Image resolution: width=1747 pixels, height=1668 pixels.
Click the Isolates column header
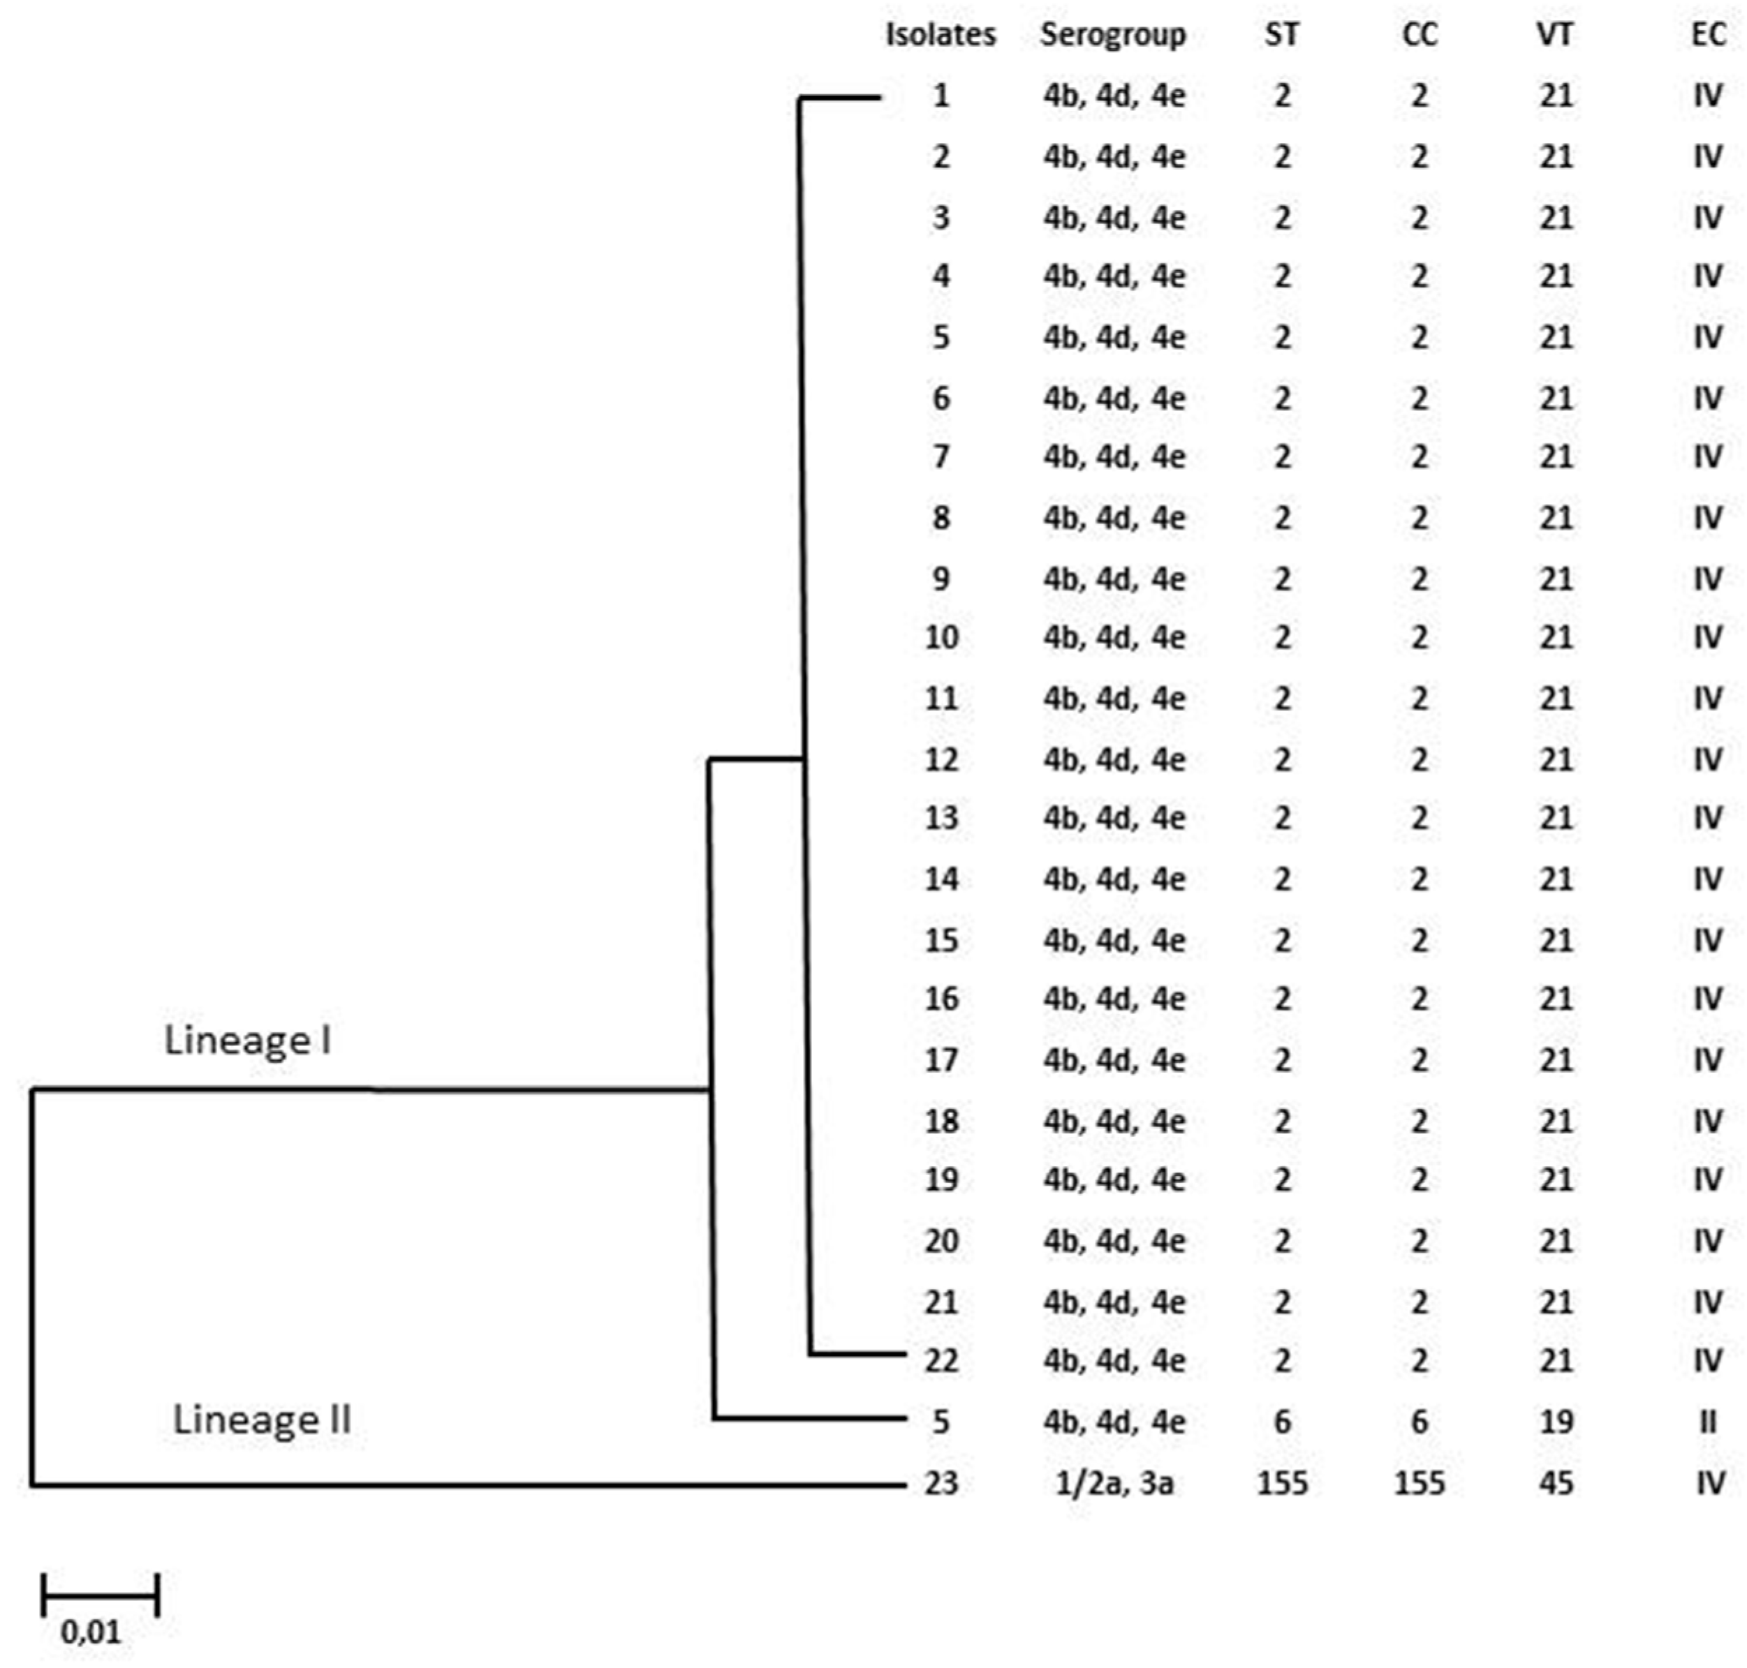click(x=941, y=35)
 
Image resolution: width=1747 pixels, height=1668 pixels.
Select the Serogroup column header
click(x=1113, y=35)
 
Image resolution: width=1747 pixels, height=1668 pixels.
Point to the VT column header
click(x=1555, y=35)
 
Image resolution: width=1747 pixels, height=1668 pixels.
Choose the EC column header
click(x=1708, y=35)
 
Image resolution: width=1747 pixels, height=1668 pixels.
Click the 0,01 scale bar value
click(x=91, y=1632)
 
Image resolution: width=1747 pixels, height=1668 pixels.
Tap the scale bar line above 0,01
click(x=100, y=1594)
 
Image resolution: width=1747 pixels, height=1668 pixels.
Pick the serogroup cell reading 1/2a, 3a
click(x=1114, y=1483)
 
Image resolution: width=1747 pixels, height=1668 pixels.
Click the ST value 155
click(x=1282, y=1483)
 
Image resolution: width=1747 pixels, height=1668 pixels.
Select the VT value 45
click(x=1556, y=1483)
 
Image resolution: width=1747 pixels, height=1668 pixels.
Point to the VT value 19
click(x=1556, y=1422)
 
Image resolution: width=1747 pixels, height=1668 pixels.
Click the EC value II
click(x=1708, y=1422)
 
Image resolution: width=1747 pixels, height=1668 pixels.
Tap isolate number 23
click(x=941, y=1483)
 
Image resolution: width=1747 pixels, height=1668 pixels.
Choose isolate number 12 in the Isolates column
click(x=941, y=759)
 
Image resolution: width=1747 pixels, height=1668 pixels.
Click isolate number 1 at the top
click(x=941, y=95)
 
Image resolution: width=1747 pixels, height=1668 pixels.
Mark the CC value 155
click(x=1419, y=1483)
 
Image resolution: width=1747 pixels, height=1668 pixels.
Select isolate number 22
click(x=941, y=1360)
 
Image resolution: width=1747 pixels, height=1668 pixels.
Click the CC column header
click(x=1419, y=35)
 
